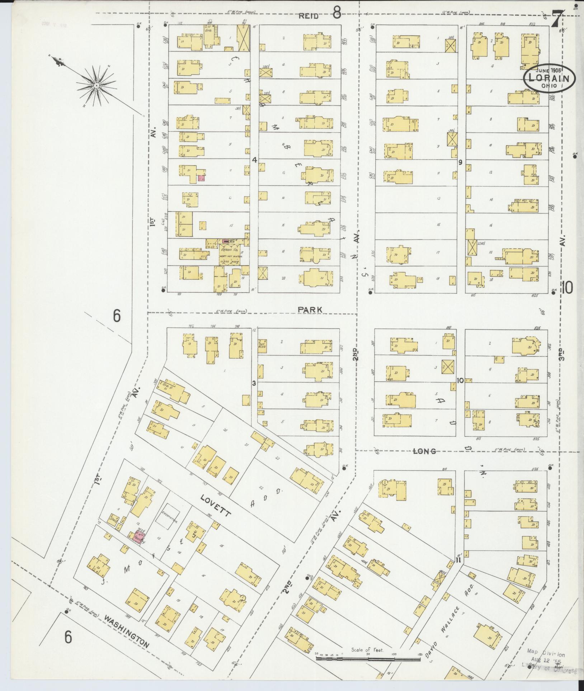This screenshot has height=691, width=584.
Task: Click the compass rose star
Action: (x=96, y=86)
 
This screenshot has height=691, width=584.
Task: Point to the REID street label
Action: (x=309, y=16)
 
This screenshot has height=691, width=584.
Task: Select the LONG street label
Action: (x=424, y=451)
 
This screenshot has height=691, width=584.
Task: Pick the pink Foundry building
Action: (x=137, y=537)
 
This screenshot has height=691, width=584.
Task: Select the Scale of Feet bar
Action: (x=368, y=659)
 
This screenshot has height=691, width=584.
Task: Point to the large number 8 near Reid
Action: (x=336, y=14)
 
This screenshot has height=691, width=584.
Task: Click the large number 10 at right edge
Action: (x=567, y=287)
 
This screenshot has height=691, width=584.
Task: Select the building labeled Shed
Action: (x=114, y=519)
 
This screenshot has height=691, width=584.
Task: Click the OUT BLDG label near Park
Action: (x=262, y=346)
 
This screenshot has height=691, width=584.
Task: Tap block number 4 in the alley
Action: (x=254, y=160)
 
